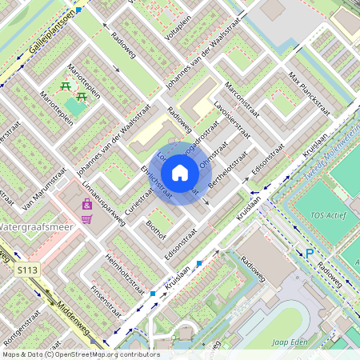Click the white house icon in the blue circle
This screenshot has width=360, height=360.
click(180, 173)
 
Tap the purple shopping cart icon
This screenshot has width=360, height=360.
click(86, 218)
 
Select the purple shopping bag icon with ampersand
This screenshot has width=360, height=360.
click(86, 206)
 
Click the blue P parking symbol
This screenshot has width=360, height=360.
click(309, 254)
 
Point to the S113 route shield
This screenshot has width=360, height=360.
click(27, 271)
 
